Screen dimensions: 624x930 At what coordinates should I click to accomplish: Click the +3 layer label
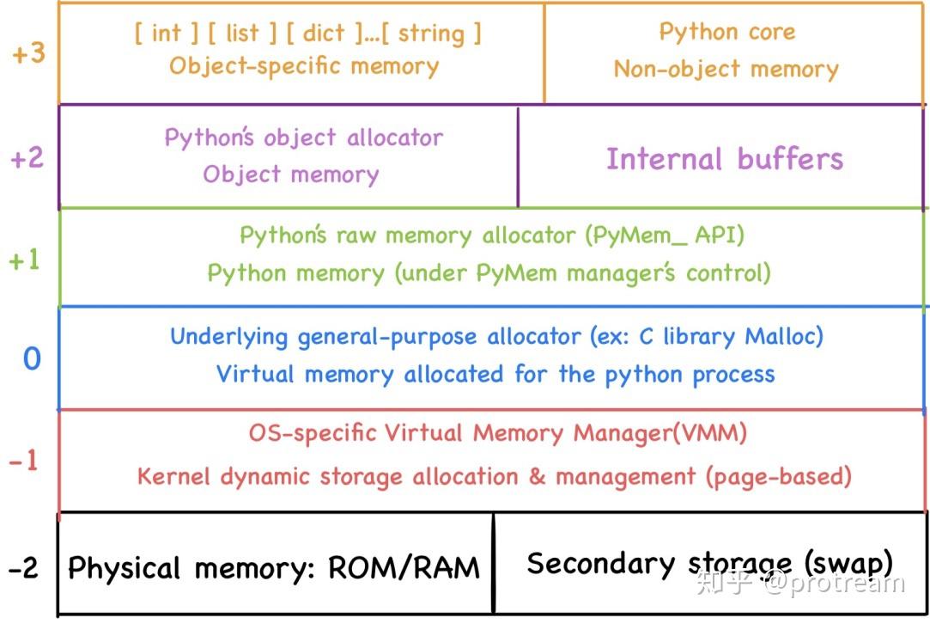coord(28,53)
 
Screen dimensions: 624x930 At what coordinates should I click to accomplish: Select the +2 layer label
coord(27,158)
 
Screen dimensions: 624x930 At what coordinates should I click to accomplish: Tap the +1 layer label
coord(25,260)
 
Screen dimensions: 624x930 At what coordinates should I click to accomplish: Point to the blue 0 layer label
coord(32,358)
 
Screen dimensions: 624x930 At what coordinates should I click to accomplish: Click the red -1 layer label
coord(24,462)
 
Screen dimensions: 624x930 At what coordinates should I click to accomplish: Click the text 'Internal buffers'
coord(725,159)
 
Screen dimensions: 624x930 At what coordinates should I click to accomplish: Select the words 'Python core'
coord(726,32)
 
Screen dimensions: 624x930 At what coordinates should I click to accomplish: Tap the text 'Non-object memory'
coord(726,70)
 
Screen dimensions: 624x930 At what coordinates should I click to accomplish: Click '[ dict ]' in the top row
coord(315,33)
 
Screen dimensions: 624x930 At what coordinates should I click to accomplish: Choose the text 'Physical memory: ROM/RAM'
coord(274,568)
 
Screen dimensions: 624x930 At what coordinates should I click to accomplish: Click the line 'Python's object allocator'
coord(303,138)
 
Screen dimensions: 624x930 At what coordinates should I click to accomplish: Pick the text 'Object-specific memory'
coord(304,66)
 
